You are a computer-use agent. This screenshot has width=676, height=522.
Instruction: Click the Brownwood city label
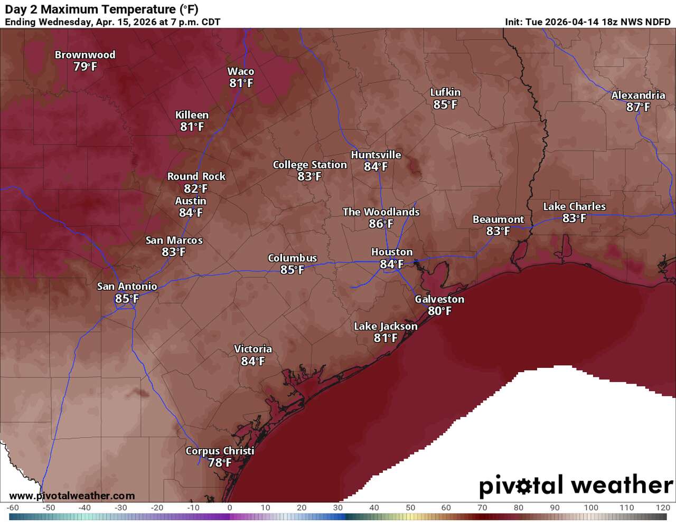coord(85,55)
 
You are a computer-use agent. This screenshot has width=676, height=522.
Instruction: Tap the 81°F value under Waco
coord(241,83)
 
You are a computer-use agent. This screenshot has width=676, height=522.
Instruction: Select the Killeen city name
coord(192,115)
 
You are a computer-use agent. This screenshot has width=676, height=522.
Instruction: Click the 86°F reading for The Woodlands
coord(381,224)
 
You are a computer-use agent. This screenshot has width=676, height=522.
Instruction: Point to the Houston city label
coord(392,252)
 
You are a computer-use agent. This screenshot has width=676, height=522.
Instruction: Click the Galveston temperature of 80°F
coord(439,311)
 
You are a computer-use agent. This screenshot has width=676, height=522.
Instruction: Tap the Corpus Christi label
coord(220,451)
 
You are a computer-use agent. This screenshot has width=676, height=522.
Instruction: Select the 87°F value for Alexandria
coord(638,107)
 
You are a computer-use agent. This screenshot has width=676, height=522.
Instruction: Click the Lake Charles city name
coord(574,206)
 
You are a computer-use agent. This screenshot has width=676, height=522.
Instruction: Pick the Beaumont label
coord(498,220)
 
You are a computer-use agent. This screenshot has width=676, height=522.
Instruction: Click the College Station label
coord(309,165)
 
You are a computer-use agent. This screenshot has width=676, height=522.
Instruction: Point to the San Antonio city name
coord(127,287)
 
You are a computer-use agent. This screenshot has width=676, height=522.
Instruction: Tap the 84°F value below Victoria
coord(252,361)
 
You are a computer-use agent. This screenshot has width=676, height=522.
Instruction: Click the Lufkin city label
coord(445,92)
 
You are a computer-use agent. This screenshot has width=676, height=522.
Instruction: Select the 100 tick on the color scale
coord(590,508)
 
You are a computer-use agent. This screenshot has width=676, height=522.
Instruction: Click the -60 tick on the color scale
coord(13,508)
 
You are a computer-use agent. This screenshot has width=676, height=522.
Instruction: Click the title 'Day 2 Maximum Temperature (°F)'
coord(101,10)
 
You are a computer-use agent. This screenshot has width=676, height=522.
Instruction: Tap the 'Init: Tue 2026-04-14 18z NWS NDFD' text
coord(587,22)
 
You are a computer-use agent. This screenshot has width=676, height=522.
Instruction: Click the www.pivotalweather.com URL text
coord(72,496)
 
